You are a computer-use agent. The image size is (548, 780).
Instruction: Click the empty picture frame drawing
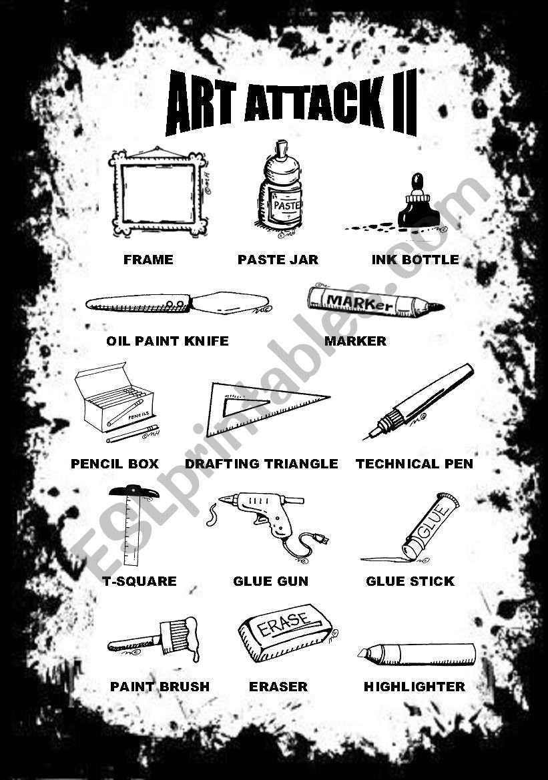tap(158, 191)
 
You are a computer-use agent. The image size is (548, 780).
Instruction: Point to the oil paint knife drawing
tap(177, 304)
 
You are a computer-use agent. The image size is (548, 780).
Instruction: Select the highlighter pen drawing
tap(417, 653)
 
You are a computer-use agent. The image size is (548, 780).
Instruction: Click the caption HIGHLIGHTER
tap(414, 687)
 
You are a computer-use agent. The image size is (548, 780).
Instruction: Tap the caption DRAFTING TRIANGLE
tap(261, 464)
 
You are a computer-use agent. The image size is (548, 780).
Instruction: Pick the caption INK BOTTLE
tap(415, 260)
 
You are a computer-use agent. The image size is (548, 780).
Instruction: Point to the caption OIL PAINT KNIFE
tap(167, 341)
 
